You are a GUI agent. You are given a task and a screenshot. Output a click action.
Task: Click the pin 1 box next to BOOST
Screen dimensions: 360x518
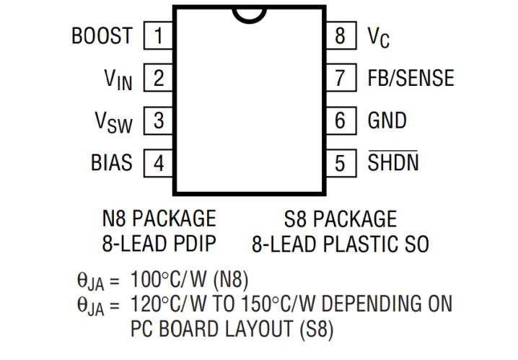click(x=158, y=35)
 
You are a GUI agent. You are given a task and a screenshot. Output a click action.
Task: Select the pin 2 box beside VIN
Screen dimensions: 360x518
click(x=158, y=78)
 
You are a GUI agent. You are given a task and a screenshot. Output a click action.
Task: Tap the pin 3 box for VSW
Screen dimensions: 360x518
click(x=158, y=120)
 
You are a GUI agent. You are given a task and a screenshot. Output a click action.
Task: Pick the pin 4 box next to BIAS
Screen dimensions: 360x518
click(x=158, y=163)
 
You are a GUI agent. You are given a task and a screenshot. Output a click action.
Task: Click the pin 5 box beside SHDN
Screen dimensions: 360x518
click(x=340, y=163)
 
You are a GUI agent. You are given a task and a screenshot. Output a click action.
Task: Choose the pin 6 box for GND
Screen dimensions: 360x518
click(x=340, y=120)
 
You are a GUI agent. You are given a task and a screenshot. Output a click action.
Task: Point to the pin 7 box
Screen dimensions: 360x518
click(x=340, y=78)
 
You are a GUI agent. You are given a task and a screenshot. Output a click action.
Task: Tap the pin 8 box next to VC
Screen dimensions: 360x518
click(x=340, y=35)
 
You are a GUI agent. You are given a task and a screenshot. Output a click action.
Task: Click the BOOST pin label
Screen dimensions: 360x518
click(x=102, y=35)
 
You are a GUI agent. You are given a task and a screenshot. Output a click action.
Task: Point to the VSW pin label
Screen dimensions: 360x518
click(x=114, y=122)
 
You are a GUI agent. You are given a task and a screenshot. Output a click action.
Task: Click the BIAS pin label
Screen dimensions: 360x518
click(x=112, y=163)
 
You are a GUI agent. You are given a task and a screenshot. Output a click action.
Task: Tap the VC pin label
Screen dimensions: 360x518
click(x=379, y=37)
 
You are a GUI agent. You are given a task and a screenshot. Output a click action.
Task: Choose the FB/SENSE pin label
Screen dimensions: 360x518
click(x=411, y=78)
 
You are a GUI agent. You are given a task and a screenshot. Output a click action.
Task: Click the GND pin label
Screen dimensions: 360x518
click(x=387, y=120)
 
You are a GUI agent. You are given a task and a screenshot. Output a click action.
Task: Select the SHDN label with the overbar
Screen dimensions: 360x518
click(x=393, y=163)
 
